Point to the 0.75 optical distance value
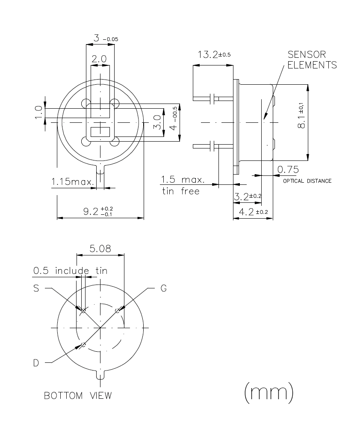[288, 169]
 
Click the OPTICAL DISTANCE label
[307, 181]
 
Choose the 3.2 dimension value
[248, 197]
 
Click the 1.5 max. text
[183, 179]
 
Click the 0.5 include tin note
[70, 271]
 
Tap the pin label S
[36, 288]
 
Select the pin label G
[163, 288]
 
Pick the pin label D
[36, 363]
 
